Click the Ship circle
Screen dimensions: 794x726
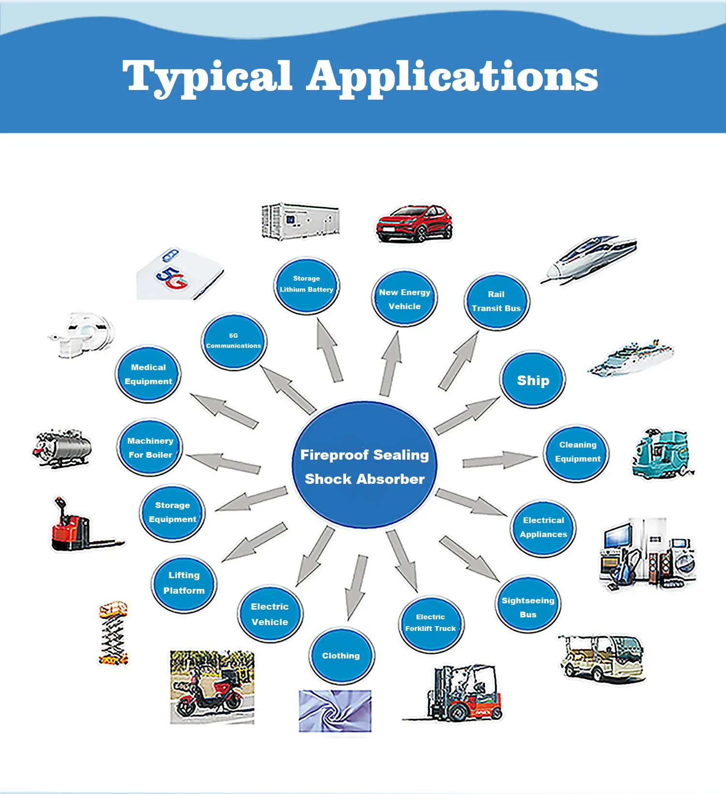coord(533,380)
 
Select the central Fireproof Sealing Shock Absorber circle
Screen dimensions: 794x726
coord(364,465)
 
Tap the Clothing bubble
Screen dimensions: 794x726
coord(341,656)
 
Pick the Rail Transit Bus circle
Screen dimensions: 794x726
coord(497,301)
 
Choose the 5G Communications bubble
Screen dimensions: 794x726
coord(234,341)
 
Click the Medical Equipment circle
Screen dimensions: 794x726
coord(148,374)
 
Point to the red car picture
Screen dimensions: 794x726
coord(414,223)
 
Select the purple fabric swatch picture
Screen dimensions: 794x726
coord(335,710)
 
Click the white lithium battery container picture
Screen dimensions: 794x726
coord(300,221)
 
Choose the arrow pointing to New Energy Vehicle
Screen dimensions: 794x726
coord(391,363)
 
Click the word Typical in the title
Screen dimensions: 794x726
coord(207,76)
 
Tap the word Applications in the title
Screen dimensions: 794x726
coord(452,76)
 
